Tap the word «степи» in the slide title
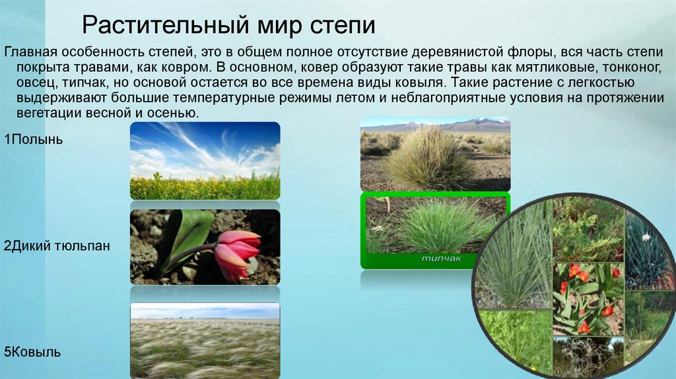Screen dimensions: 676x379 [x=343, y=26]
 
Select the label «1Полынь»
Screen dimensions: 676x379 [x=33, y=139]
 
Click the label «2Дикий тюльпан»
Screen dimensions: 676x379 [x=57, y=246]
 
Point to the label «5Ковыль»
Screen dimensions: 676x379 [x=32, y=352]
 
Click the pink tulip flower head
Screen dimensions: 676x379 [x=237, y=253]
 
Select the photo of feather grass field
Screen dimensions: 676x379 [x=205, y=341]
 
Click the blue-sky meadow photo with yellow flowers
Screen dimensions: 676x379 [x=205, y=160]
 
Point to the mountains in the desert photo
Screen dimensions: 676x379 [x=436, y=125]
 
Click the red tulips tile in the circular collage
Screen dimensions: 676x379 [x=588, y=299]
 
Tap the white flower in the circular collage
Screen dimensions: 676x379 [x=646, y=237]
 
